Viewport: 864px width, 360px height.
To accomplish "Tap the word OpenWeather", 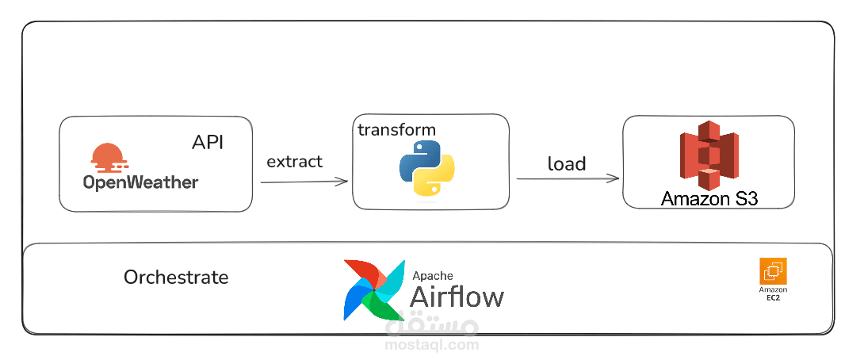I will click(140, 182).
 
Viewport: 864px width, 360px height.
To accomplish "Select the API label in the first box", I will click(208, 142).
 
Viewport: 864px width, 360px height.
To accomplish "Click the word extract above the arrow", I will click(294, 162).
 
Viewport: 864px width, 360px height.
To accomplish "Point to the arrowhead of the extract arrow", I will click(343, 182).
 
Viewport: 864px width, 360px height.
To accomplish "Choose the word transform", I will click(396, 130).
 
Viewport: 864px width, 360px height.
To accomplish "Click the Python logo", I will click(426, 167).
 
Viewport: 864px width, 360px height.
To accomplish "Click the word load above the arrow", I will click(566, 164).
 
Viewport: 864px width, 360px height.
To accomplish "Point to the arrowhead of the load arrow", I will click(614, 178).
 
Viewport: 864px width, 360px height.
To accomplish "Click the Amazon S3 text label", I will click(709, 198).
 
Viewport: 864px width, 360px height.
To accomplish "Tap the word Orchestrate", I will click(176, 278).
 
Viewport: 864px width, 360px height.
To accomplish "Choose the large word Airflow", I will click(457, 297).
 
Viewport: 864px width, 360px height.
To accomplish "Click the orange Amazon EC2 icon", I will click(773, 271).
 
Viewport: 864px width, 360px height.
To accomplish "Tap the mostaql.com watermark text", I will click(431, 345).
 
